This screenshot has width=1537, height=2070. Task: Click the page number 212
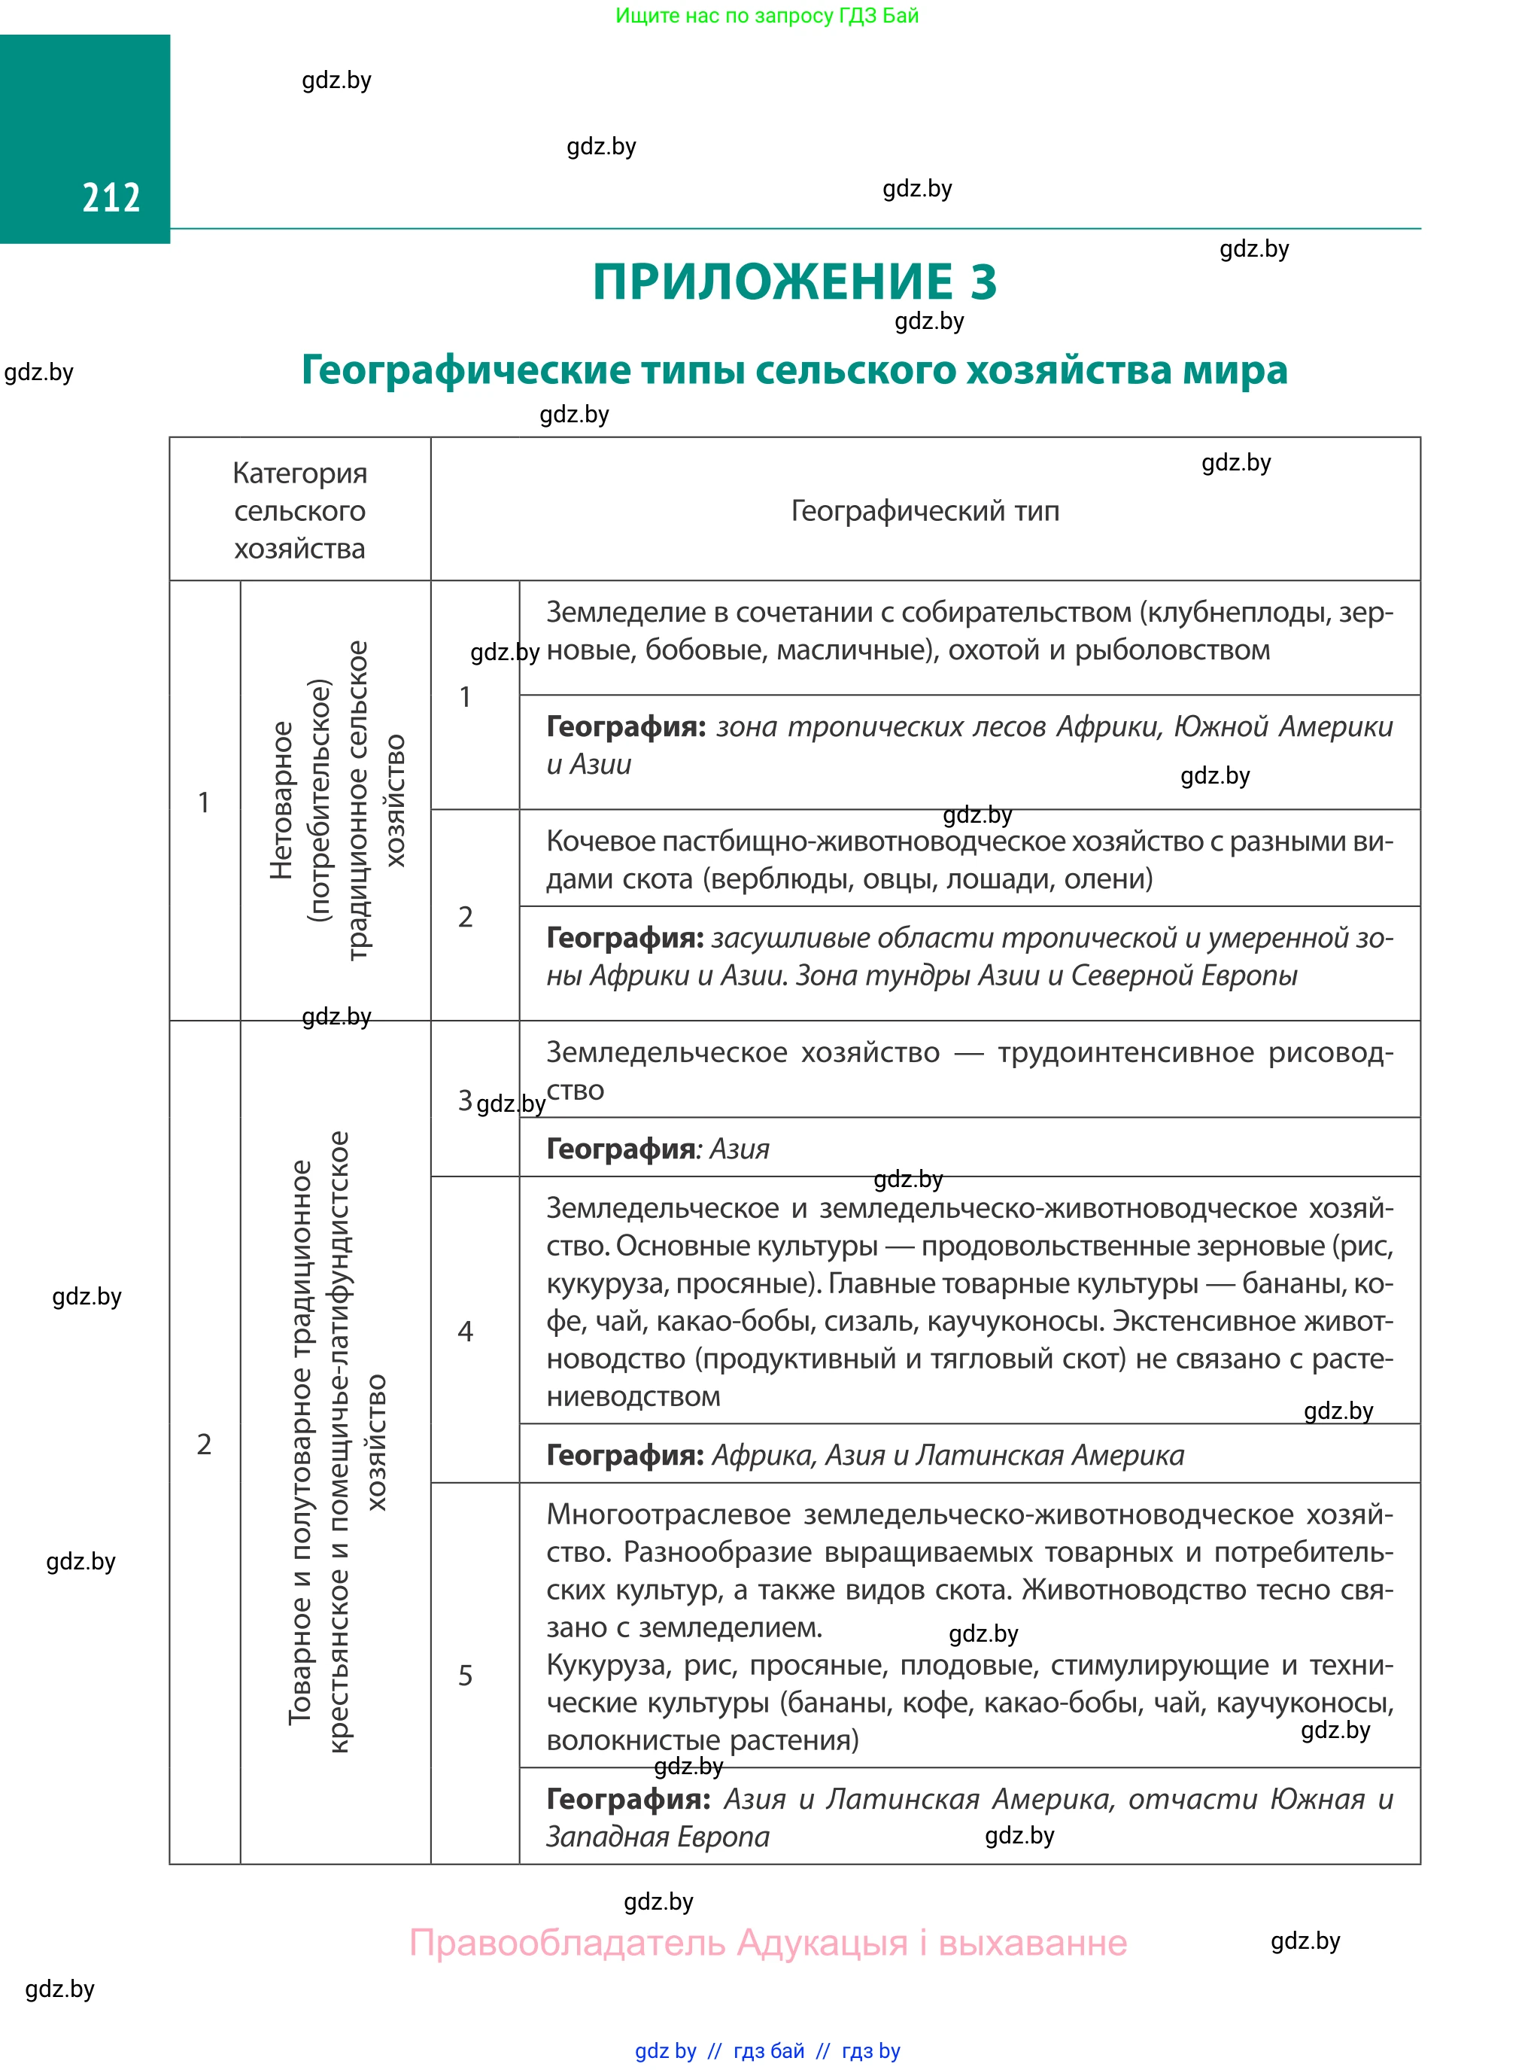[x=111, y=197]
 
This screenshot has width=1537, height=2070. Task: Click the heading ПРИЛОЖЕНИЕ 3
[x=794, y=281]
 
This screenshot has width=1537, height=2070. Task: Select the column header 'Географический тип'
[x=924, y=510]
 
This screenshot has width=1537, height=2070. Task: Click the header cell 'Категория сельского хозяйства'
[x=299, y=510]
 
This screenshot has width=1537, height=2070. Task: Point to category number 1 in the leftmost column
[x=204, y=802]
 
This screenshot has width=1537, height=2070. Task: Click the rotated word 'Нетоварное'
[x=280, y=799]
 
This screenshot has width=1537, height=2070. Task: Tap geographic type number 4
[x=465, y=1331]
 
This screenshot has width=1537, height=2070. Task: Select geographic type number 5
[x=465, y=1676]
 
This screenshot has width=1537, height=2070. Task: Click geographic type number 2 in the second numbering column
[x=465, y=917]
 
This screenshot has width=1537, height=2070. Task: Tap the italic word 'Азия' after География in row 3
[x=740, y=1149]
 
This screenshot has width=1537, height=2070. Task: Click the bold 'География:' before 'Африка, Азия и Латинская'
[x=624, y=1455]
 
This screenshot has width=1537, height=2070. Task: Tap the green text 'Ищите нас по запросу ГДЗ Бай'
[x=767, y=15]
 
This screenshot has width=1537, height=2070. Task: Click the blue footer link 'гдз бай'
[x=769, y=2050]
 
